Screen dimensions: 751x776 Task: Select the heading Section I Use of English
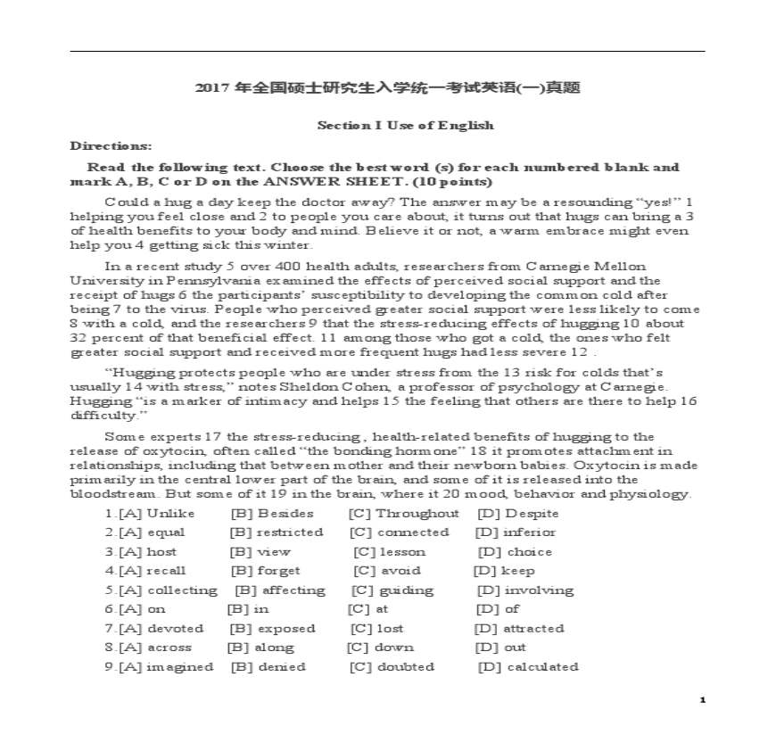coord(405,126)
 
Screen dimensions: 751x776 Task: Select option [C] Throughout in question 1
coord(404,514)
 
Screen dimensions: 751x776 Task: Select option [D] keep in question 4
coord(505,571)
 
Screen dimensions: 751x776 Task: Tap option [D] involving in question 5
coord(525,590)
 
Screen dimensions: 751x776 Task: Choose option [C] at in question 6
coord(368,609)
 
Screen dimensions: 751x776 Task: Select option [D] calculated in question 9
coord(528,667)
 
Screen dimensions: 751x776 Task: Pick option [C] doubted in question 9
coord(392,667)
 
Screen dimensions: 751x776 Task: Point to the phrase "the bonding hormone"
coord(308,451)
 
